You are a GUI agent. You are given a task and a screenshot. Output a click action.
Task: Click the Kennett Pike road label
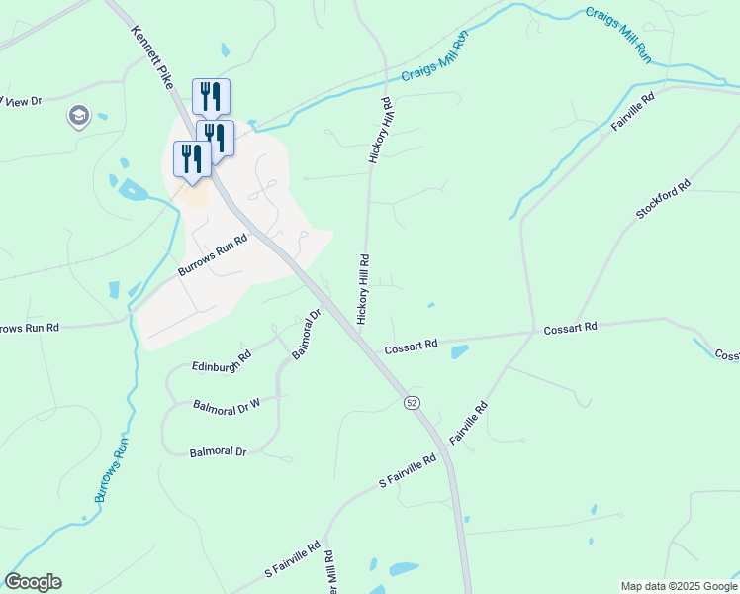tap(151, 57)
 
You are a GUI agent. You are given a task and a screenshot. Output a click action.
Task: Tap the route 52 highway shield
tap(412, 401)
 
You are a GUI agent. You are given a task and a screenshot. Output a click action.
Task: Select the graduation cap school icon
tap(77, 117)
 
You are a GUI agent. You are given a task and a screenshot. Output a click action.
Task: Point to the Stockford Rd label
tap(662, 201)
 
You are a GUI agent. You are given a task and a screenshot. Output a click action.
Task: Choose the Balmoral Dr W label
tap(227, 404)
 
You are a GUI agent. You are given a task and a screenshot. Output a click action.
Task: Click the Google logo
tap(33, 582)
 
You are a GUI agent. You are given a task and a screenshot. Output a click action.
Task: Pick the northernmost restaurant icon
tap(211, 95)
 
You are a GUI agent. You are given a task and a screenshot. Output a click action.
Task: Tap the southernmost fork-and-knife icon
tap(191, 158)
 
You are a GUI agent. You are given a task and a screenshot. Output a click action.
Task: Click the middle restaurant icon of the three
tap(215, 137)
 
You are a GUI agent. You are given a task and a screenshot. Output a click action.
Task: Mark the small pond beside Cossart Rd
tap(459, 351)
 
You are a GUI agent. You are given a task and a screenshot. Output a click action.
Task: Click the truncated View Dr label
tap(22, 101)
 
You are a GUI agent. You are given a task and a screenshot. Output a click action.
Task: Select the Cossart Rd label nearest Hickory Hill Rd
tap(411, 346)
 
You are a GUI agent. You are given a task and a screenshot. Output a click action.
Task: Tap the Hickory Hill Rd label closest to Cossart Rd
tap(363, 289)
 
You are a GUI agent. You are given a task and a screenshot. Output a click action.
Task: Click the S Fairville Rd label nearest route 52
tap(408, 471)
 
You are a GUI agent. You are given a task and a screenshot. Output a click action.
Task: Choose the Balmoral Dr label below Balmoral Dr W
tap(218, 452)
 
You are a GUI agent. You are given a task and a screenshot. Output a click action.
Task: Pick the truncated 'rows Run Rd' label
tap(30, 328)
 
